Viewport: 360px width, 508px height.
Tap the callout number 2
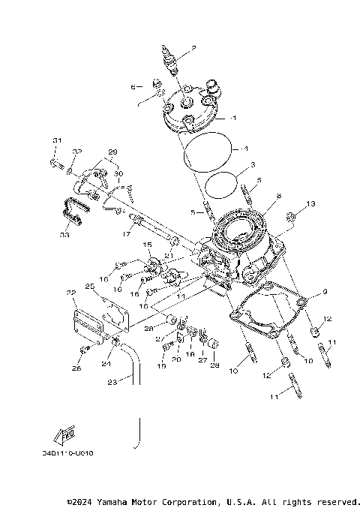[x=193, y=49]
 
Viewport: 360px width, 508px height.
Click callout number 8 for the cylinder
[x=277, y=197]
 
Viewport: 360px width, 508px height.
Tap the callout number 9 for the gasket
[x=325, y=291]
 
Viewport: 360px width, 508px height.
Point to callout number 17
[x=127, y=233]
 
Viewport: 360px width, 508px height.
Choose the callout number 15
[x=148, y=245]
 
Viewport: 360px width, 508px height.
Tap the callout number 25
[x=88, y=287]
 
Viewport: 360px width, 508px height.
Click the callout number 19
[x=160, y=367]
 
